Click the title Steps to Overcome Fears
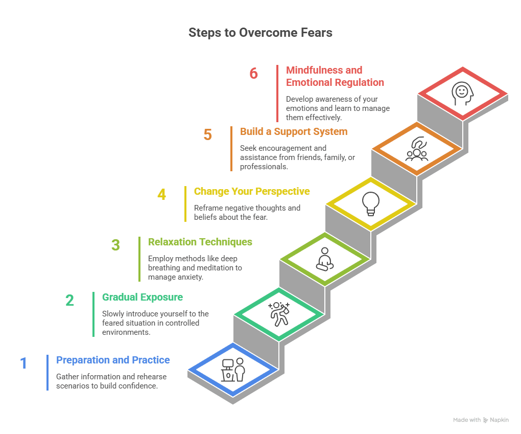260,33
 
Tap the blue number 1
23,363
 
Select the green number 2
69,300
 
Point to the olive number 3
115,245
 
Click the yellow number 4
161,195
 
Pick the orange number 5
207,135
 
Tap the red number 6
254,74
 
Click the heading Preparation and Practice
113,360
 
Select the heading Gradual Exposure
143,297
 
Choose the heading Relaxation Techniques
200,242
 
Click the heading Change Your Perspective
252,192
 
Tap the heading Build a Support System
294,132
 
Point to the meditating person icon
324,259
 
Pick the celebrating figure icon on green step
279,313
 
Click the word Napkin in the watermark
500,420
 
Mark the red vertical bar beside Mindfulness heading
277,93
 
